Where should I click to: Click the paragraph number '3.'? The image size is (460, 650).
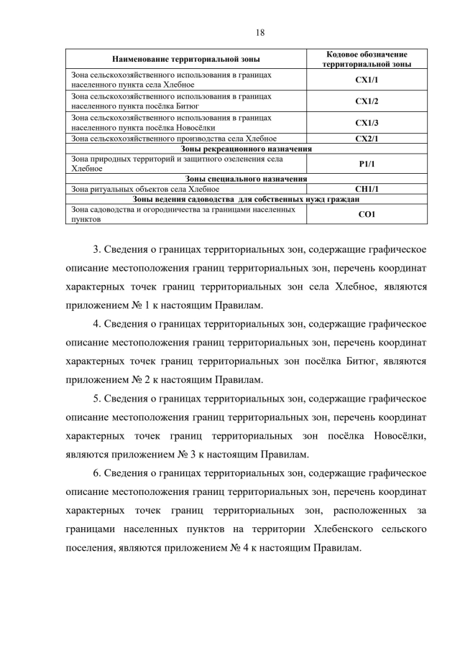click(98, 250)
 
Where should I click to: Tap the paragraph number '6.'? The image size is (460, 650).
click(98, 473)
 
